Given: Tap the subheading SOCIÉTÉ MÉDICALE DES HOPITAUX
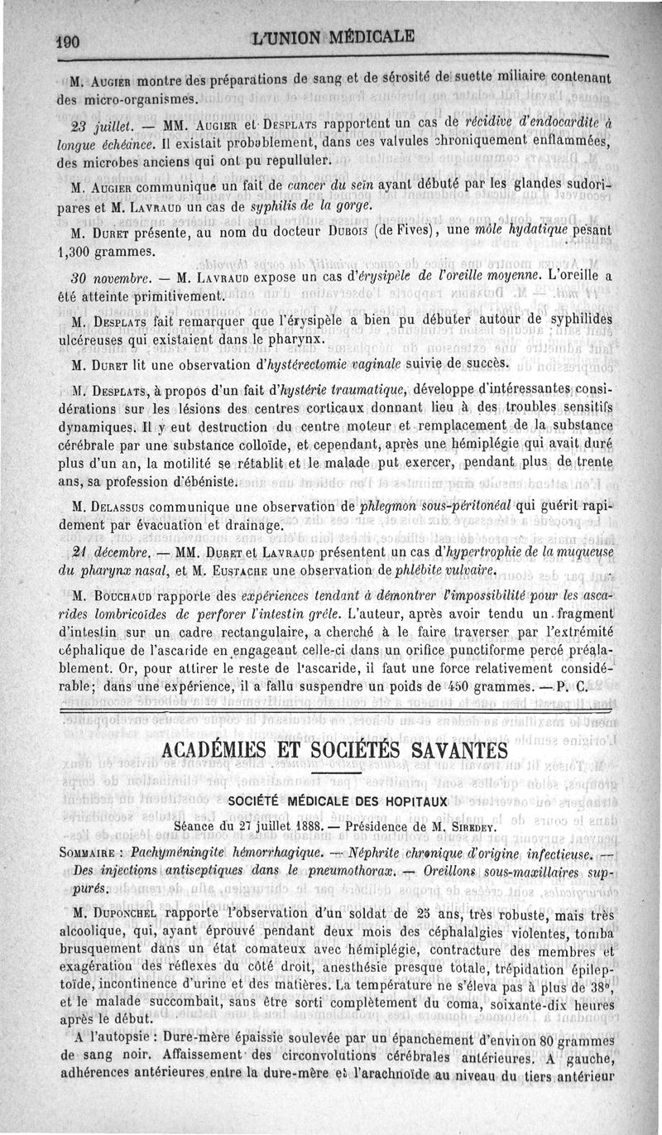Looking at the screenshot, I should tap(337, 802).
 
